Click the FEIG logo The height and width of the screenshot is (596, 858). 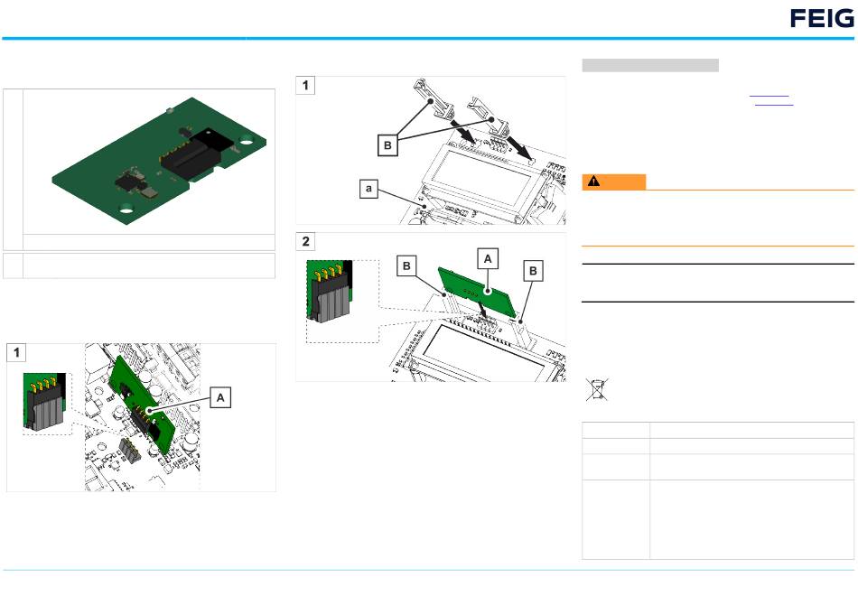click(822, 19)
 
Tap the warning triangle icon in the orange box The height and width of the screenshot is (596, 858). click(593, 182)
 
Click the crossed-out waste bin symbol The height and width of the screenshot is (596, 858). click(596, 389)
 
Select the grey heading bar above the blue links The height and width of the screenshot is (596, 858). click(650, 65)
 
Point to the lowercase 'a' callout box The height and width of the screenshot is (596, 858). click(368, 189)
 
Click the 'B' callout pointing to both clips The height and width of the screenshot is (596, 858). click(387, 145)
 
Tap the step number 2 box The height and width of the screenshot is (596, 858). click(305, 241)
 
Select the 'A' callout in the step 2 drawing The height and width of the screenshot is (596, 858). click(488, 259)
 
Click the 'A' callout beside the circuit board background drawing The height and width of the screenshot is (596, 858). click(220, 398)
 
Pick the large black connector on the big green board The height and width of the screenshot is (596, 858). click(198, 153)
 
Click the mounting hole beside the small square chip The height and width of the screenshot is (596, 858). click(126, 209)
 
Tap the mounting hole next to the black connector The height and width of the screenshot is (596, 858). click(246, 142)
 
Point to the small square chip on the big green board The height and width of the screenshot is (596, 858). click(126, 182)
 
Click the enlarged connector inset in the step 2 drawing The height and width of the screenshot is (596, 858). click(330, 290)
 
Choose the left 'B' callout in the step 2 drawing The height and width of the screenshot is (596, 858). click(406, 266)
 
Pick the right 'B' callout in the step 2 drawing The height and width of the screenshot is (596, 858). click(533, 271)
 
